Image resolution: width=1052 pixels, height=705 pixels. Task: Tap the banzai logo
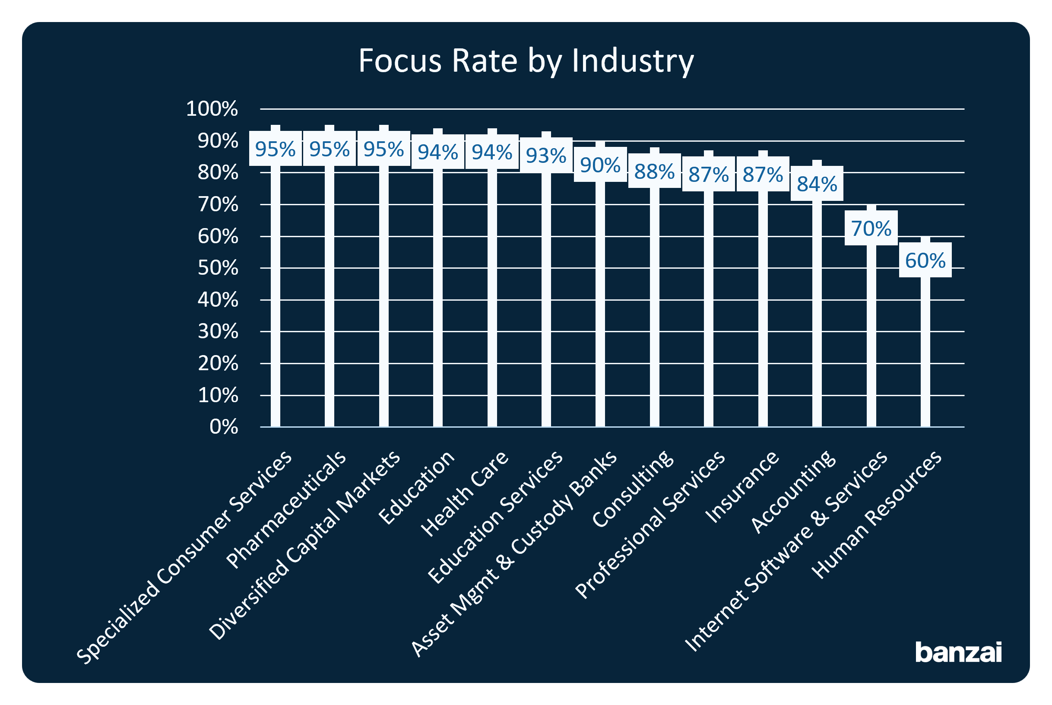(959, 652)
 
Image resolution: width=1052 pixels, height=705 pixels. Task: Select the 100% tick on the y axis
(212, 109)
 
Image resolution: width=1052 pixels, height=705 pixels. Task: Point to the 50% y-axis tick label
(218, 268)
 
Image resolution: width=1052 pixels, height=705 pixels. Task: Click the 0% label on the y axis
(223, 427)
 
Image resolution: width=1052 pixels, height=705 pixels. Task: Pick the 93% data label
(546, 156)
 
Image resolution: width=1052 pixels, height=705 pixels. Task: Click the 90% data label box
(600, 165)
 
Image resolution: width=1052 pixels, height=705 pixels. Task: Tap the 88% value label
(654, 171)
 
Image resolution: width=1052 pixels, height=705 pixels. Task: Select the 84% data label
(817, 184)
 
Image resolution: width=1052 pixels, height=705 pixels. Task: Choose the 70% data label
(871, 229)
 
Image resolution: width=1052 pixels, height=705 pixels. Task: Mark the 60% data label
(925, 260)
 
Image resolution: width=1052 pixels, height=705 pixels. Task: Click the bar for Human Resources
(925, 351)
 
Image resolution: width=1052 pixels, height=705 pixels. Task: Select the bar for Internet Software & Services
(871, 337)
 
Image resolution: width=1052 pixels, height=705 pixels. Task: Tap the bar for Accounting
(817, 315)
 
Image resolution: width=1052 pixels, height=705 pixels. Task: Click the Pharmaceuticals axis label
(287, 509)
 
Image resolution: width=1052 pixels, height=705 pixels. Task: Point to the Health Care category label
(465, 493)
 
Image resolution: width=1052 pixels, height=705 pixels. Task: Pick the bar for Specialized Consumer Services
(276, 297)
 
